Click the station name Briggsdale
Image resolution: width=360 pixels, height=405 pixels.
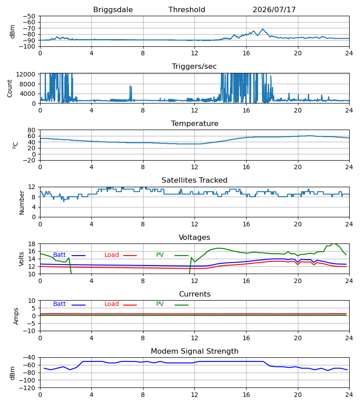point(113,10)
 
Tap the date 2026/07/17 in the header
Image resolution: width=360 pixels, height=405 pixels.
point(274,10)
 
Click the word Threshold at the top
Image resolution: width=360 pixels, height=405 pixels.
point(187,9)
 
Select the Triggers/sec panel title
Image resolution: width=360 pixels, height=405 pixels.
point(194,67)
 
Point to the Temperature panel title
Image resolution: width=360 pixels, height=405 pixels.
point(194,123)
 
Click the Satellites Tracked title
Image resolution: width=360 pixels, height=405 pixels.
point(194,180)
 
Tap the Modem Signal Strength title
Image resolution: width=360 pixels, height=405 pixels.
point(194,351)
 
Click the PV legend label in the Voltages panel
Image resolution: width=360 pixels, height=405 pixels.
point(160,255)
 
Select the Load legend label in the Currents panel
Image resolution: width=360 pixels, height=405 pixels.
point(112,304)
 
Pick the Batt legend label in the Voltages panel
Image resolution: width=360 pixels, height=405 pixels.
point(59,255)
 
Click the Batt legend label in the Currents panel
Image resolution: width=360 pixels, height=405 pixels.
point(59,304)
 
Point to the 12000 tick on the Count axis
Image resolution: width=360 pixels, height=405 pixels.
point(26,74)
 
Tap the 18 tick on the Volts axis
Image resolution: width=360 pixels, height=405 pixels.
point(32,244)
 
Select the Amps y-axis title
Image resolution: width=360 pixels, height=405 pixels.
point(16,316)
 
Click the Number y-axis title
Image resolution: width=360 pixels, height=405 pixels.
point(22,202)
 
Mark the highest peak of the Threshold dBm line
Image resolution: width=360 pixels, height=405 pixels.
point(263,29)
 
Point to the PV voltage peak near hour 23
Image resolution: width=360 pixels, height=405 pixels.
point(333,243)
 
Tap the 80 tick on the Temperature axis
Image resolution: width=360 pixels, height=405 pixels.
point(32,130)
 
